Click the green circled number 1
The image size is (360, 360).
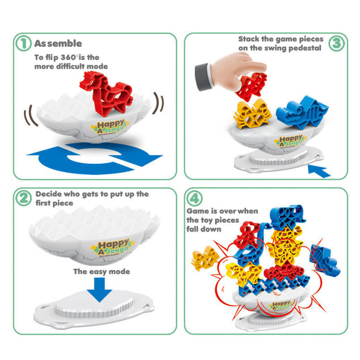[23, 43]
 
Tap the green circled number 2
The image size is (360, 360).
[23, 198]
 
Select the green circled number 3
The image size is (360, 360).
[336, 43]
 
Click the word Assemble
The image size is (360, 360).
[58, 43]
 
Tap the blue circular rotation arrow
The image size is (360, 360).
[94, 158]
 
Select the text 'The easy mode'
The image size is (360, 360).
[102, 272]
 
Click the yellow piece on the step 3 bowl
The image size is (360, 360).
[252, 114]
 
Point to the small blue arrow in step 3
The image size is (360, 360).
[319, 171]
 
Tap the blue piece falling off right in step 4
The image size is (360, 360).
[324, 261]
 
